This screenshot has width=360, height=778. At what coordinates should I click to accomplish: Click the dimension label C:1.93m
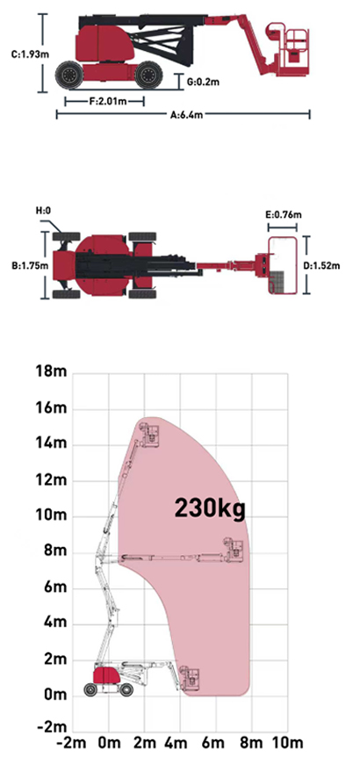coord(30,54)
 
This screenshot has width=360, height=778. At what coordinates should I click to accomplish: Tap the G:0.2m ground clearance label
coord(204,82)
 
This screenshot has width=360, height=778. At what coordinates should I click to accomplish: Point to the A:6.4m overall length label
coord(186,115)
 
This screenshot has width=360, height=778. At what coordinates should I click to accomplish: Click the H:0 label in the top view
coord(43,211)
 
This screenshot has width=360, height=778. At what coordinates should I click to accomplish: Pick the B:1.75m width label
coord(30,265)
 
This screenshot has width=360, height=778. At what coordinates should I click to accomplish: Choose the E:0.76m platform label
coord(284,215)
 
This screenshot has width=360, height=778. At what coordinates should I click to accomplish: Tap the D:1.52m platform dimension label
coord(322,266)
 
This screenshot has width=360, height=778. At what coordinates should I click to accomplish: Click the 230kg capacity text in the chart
coord(210,508)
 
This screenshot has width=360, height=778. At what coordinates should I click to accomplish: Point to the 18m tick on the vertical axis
coord(52,372)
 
